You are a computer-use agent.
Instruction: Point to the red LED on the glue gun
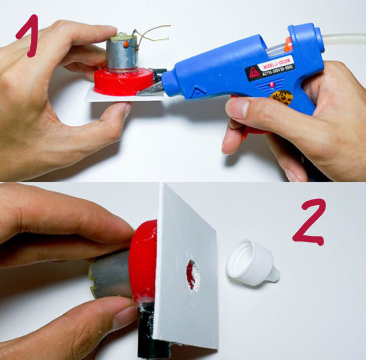pos(269,85)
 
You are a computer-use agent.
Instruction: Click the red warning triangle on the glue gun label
pos(253,73)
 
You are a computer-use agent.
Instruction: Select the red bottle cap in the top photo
pos(123,82)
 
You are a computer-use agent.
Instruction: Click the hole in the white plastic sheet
pos(193,275)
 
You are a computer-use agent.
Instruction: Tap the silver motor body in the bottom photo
pos(112,278)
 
